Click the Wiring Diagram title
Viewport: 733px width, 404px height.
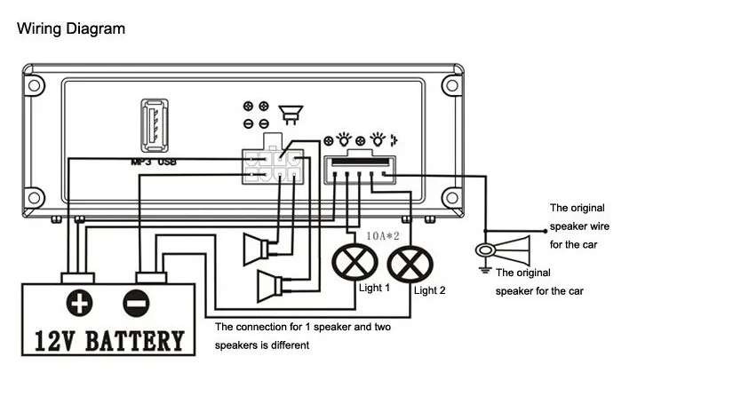tap(71, 29)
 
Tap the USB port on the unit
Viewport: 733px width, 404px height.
tap(155, 125)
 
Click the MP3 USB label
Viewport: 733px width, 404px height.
tap(154, 162)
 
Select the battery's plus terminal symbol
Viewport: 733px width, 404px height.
tap(79, 303)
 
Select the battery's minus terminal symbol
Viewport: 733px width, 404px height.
tap(136, 303)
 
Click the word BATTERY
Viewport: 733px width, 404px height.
tap(135, 341)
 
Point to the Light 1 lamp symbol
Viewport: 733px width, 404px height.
tap(355, 262)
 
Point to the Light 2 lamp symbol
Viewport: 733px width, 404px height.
tap(410, 265)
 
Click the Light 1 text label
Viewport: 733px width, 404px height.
tap(374, 288)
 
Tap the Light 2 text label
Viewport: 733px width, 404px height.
tap(430, 290)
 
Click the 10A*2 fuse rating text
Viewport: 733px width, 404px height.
tap(382, 236)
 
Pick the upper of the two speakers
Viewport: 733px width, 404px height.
tap(256, 249)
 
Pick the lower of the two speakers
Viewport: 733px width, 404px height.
tap(270, 286)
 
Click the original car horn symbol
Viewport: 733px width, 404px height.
tap(503, 250)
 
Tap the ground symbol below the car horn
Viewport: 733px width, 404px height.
tap(485, 270)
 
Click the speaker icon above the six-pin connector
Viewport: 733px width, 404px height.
tap(291, 115)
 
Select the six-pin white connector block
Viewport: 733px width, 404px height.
tap(273, 166)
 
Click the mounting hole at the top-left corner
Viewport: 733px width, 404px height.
tap(34, 85)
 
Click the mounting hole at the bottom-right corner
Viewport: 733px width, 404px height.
tap(452, 197)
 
